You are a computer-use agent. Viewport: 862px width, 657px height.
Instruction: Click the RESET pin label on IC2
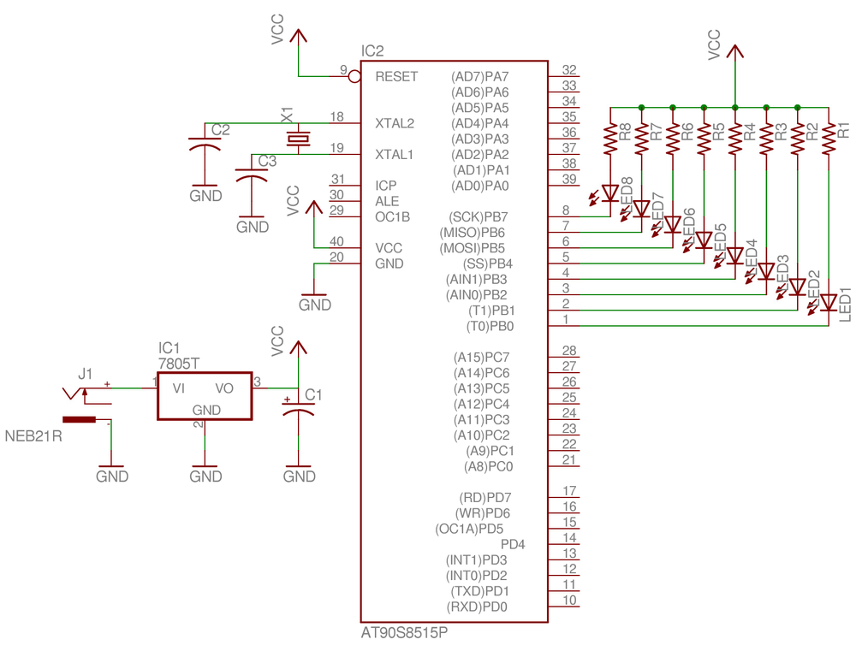[x=396, y=76]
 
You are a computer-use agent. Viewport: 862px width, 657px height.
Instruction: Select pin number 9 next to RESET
[x=343, y=69]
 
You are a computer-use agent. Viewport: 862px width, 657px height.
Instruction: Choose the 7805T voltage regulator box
[x=205, y=395]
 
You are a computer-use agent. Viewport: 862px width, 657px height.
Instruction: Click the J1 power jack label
[x=85, y=373]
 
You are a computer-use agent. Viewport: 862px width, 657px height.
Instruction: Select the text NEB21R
[x=35, y=436]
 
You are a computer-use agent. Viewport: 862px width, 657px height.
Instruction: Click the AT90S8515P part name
[x=404, y=635]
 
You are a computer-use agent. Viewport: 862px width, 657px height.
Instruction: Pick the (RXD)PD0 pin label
[x=478, y=607]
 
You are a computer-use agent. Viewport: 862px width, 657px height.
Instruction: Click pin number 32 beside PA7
[x=569, y=70]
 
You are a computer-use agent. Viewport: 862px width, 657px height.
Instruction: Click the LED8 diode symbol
[x=610, y=193]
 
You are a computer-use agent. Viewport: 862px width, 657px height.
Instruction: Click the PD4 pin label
[x=513, y=544]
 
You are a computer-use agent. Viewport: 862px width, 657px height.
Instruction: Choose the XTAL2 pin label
[x=395, y=123]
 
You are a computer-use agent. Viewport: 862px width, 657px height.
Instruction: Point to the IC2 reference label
[x=373, y=51]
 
